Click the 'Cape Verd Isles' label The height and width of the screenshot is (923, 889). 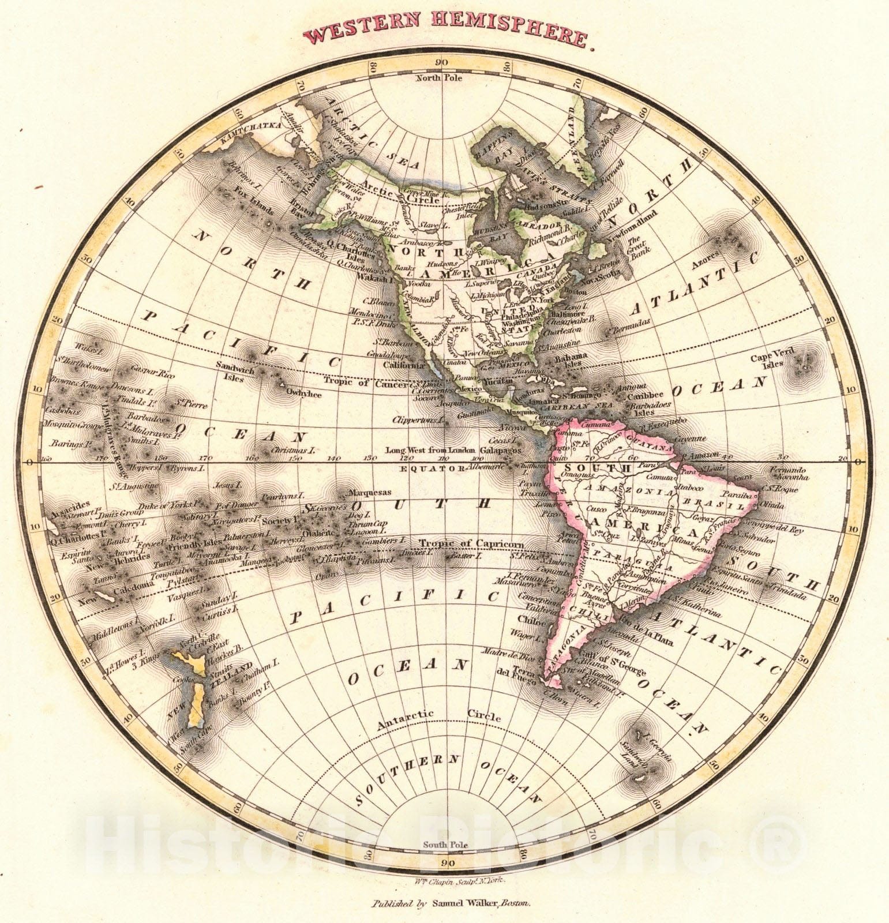767,361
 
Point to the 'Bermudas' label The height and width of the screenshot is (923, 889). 631,322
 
